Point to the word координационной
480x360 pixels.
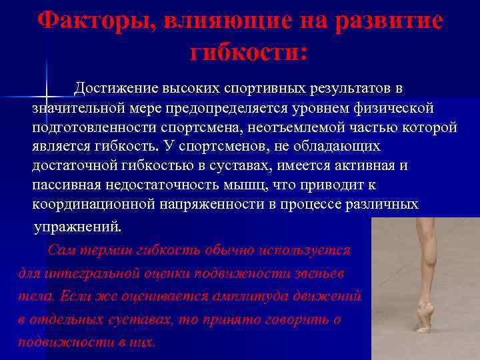[97, 204]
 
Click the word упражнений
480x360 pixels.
[78, 226]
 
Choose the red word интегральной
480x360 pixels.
[101, 274]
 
